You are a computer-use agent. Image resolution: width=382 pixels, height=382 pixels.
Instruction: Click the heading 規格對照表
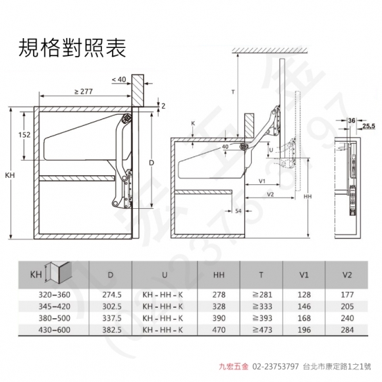pos(72,48)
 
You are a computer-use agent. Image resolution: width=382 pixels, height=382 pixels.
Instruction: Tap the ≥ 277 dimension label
pos(84,92)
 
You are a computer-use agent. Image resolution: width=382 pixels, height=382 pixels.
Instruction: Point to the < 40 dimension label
pos(119,80)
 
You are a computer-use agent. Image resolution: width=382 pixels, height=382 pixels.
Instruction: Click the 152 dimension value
pos(24,135)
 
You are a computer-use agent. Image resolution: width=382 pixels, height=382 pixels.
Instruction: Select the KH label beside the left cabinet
pos(10,175)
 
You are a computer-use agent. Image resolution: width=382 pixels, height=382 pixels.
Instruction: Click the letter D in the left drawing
pos(151,163)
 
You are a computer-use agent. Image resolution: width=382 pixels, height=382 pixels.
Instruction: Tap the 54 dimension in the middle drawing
pos(238,211)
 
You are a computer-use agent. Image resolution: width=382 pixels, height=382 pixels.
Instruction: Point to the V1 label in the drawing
pos(262,181)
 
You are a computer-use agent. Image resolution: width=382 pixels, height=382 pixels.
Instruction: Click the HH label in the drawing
pos(308,196)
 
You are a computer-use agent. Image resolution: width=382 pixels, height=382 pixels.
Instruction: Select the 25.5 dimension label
pos(369,126)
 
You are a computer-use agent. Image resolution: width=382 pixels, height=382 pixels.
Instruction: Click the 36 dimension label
pos(352,121)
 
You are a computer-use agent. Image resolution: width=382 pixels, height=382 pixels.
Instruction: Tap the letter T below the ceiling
pos(233,92)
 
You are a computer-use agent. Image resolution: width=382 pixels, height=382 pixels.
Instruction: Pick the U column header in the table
pos(165,275)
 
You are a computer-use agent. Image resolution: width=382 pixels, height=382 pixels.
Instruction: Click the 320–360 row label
pos(54,295)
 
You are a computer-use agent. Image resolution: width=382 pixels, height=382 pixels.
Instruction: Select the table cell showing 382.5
pos(112,330)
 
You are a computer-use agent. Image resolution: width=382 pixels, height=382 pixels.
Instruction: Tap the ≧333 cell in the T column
pos(262,306)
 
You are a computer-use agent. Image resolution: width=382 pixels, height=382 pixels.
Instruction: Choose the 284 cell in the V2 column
pos(347,330)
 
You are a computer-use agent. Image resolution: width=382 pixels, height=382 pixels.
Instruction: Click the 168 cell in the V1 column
pos(304,318)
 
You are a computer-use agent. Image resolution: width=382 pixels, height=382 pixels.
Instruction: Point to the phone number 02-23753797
pos(275,366)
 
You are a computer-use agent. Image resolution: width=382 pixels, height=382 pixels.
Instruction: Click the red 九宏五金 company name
pos(233,366)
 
